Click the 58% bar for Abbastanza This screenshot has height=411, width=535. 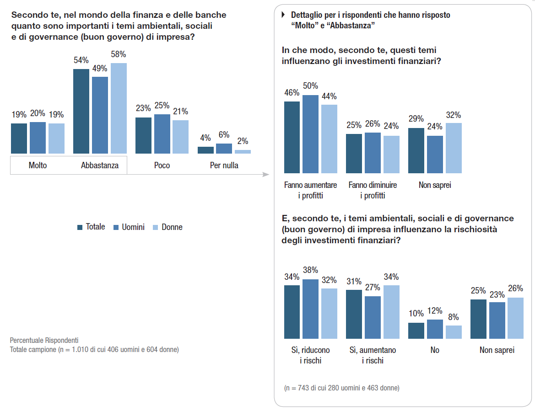[x=119, y=108]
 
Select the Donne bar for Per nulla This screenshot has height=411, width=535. [x=243, y=151]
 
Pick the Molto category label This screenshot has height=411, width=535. [x=38, y=165]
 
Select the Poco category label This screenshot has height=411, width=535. [x=162, y=165]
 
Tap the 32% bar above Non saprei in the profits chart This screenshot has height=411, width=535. [x=454, y=148]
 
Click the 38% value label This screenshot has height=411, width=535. [x=311, y=270]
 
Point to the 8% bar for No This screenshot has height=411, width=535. [x=454, y=332]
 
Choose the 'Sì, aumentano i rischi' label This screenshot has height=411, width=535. [x=373, y=355]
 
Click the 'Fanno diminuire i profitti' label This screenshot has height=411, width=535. [x=373, y=190]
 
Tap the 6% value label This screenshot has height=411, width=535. [x=224, y=135]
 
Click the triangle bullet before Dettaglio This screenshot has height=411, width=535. [x=283, y=15]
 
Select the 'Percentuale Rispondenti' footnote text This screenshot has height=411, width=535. [x=44, y=341]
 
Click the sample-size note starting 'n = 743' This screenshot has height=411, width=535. [x=341, y=388]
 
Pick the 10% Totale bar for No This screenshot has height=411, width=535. [x=416, y=331]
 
